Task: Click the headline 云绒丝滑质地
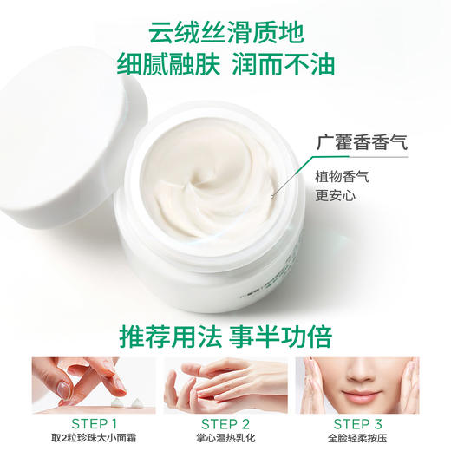click(225, 35)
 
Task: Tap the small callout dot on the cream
click(271, 196)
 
